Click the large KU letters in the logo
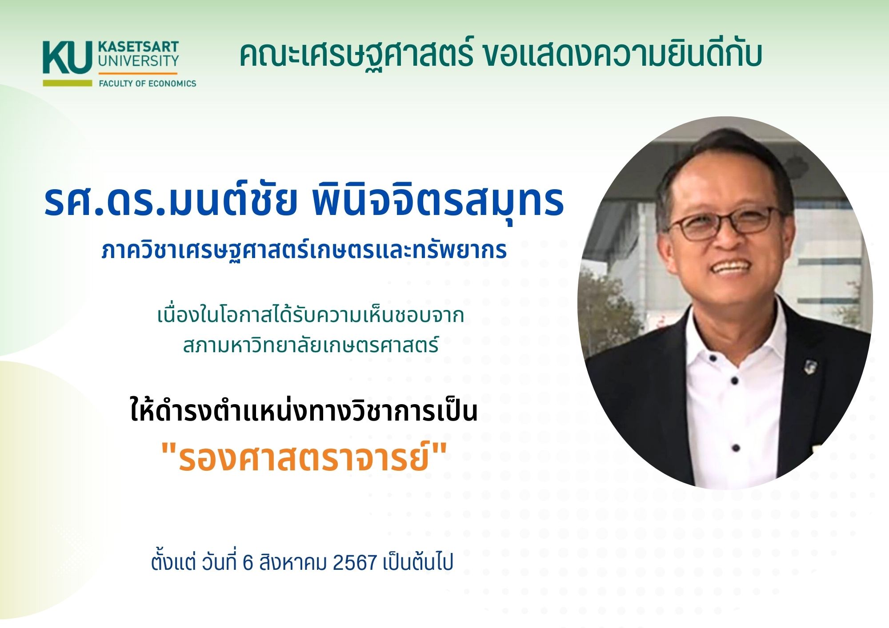pos(68,57)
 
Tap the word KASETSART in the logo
pos(138,47)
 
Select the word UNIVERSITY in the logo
pos(138,61)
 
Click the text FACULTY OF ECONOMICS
pos(147,83)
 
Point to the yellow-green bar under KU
pos(68,83)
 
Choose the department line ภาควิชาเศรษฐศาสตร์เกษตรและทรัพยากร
pos(304,250)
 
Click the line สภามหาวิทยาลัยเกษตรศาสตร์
pos(311,344)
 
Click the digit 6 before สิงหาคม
pos(248,563)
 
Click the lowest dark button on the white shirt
pos(735,448)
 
